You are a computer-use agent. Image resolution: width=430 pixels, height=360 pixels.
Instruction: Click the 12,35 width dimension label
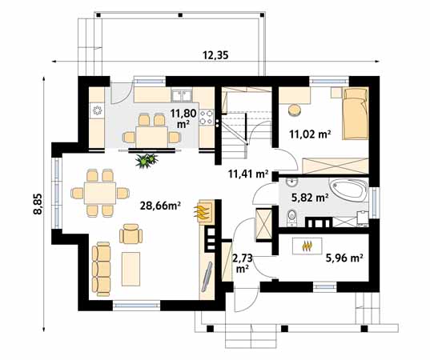pos(215,55)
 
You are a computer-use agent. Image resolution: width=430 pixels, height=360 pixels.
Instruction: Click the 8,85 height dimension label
pos(38,203)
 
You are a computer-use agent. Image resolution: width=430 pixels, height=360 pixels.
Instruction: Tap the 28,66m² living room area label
pos(160,206)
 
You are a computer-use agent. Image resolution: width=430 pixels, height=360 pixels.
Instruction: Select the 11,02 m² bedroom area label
pos(310,134)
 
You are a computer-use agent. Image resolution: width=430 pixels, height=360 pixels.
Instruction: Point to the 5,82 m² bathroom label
pos(310,197)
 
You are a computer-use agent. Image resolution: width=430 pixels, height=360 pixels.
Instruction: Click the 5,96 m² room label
pos(344,258)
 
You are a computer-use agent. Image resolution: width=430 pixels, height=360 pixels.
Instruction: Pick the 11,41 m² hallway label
pos(248,174)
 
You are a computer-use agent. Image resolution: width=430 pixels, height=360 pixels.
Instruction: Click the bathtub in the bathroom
pos(348,189)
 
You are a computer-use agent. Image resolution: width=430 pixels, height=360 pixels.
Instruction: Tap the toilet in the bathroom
pos(291,218)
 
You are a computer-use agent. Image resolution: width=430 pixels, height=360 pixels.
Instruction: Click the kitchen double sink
pos(182,95)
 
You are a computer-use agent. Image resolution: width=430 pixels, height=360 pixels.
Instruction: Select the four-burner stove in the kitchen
pos(207,117)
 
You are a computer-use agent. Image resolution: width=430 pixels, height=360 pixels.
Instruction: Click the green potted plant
pos(147,161)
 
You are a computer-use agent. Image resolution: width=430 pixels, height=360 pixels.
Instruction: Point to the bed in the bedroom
pos(356,114)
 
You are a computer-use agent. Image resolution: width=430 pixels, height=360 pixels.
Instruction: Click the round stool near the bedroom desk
pos(295,110)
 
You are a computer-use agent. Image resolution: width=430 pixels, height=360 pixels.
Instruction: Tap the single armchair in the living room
pos(131,234)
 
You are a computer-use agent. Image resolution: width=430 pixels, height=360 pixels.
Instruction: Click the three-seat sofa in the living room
pos(101,269)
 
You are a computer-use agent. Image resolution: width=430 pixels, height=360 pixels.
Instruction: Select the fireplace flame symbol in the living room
pos(203,211)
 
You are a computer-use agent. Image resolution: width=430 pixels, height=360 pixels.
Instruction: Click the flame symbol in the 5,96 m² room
pos(307,246)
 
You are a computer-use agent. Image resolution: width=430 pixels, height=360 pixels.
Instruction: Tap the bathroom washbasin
pos(292,182)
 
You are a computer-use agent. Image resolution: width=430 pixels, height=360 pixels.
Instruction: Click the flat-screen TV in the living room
pos(207,277)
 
